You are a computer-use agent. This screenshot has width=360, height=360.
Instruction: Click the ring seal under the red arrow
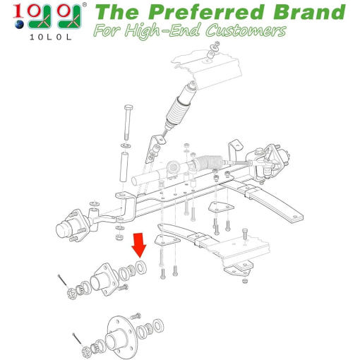[x=141, y=267]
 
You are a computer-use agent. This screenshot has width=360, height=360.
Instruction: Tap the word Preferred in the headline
[x=206, y=12]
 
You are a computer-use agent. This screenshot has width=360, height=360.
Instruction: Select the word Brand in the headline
[x=309, y=12]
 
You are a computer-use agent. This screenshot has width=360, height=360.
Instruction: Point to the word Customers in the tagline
[x=246, y=30]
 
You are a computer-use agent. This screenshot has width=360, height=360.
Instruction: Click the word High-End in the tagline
[x=162, y=31]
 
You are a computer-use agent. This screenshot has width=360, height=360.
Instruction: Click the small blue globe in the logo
[x=19, y=25]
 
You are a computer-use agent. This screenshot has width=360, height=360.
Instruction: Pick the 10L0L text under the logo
[x=50, y=37]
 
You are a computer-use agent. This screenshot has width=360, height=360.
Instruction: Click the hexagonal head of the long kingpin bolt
[x=128, y=108]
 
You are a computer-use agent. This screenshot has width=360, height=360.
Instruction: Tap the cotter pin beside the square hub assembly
[x=64, y=281]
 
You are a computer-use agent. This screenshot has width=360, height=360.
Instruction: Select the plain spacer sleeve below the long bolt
[x=124, y=167]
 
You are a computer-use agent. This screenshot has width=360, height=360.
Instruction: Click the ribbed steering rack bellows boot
[x=209, y=162]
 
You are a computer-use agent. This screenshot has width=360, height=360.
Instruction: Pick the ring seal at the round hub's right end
[x=158, y=327]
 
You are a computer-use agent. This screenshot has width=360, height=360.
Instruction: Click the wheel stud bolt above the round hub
[x=136, y=316]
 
